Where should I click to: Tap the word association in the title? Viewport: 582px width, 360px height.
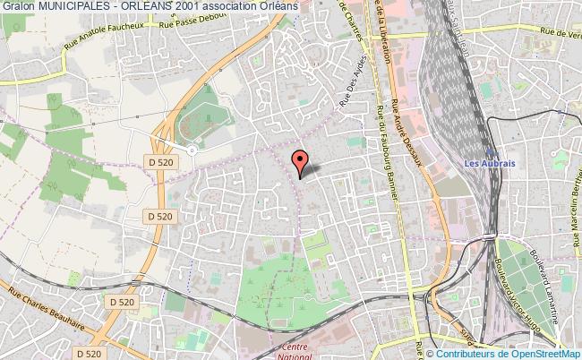(229, 6)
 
